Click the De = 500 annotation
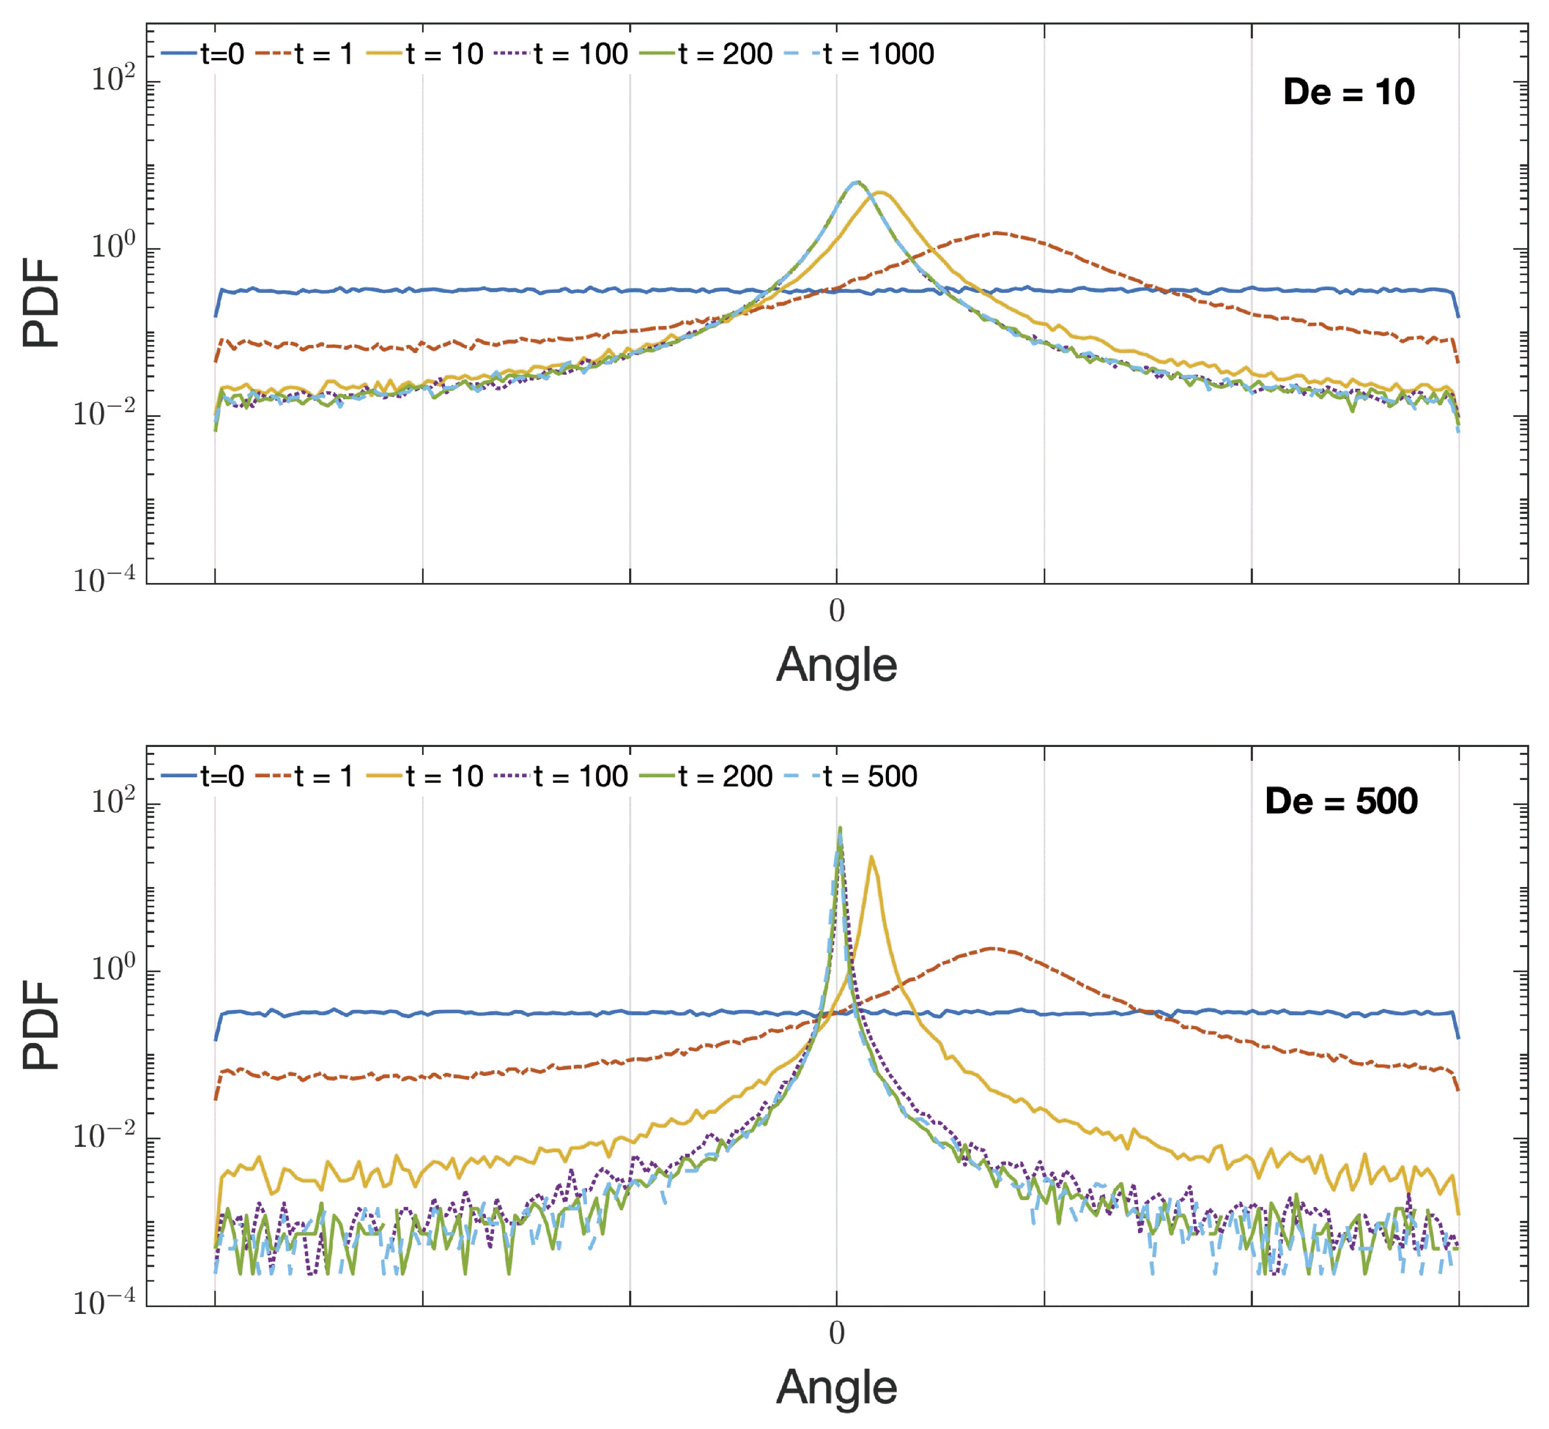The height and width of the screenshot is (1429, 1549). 1340,801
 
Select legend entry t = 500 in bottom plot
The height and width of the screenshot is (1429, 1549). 870,776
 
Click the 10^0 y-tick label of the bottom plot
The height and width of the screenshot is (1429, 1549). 113,968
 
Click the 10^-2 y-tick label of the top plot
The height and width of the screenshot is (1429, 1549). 104,414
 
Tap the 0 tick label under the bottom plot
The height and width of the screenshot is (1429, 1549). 836,1332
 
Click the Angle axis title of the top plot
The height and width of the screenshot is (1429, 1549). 836,665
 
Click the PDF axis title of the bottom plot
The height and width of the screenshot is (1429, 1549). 41,1024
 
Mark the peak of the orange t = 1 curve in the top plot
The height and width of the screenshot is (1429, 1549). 997,232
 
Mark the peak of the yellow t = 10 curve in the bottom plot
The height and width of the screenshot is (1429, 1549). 871,857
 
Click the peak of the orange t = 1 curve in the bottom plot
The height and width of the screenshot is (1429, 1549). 991,948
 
